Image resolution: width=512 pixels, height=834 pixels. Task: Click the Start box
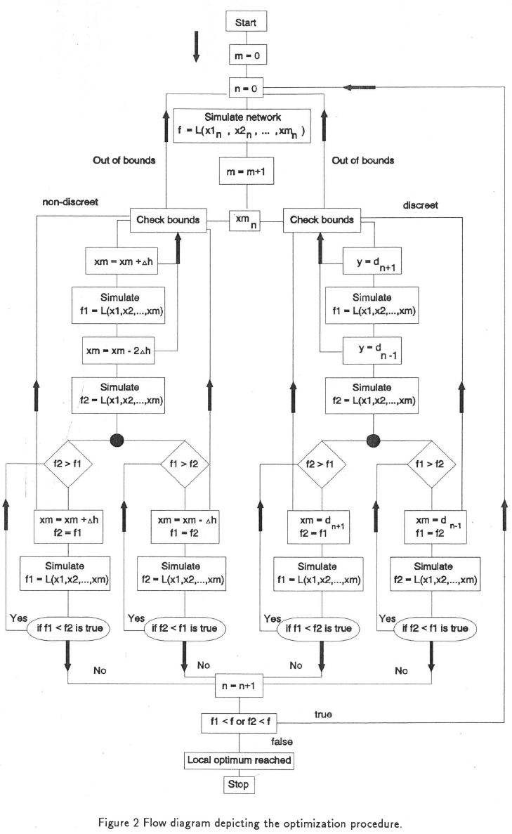pyautogui.click(x=246, y=22)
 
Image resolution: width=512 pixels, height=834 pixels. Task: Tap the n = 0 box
pyautogui.click(x=246, y=88)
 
